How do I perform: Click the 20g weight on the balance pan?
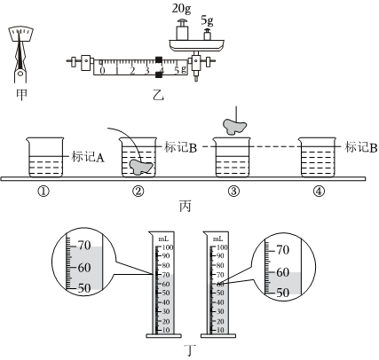pos(182,29)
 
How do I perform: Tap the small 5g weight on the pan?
pos(208,34)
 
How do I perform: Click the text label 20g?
pos(181,9)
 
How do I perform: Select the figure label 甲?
pos(21,95)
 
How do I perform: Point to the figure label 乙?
pos(158,95)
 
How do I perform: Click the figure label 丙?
pos(185,207)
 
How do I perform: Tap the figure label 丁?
pos(190,351)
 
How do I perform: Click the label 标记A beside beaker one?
pos(88,157)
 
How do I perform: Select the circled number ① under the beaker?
pos(43,192)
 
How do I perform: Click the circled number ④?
pos(319,192)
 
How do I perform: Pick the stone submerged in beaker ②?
pos(141,168)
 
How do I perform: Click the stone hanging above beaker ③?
pos(234,127)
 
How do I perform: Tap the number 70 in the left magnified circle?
pos(84,245)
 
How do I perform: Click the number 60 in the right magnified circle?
pos(282,272)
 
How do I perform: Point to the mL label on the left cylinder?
pos(163,239)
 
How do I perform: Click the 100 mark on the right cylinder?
pos(222,247)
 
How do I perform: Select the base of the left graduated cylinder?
pos(163,336)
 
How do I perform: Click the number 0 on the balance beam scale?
pos(102,70)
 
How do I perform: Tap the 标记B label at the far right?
pos(361,147)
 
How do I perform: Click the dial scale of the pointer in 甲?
pos(20,34)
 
